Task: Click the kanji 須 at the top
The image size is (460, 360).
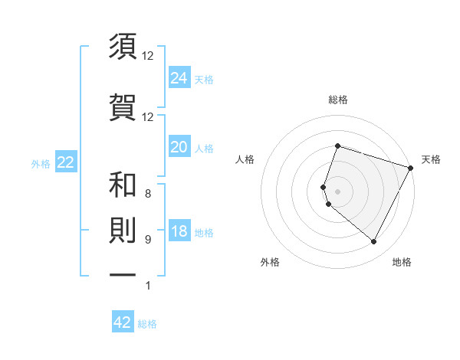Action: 123,47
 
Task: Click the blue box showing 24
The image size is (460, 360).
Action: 179,78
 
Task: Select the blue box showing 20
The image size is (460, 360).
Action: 179,148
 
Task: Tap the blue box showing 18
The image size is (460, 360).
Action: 179,232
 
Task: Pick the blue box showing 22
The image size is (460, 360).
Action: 65,163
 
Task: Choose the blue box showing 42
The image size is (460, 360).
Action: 123,322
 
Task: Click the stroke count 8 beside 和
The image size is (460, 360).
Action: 148,194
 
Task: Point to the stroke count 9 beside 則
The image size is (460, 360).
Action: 148,240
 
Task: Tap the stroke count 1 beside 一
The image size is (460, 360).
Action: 148,286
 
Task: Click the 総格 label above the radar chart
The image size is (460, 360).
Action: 337,100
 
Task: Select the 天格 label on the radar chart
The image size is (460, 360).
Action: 431,159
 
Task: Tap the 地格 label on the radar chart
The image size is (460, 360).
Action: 402,263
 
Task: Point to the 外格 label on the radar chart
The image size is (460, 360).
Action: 270,263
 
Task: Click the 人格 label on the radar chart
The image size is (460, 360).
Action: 245,159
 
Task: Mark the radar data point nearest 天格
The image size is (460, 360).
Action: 411,167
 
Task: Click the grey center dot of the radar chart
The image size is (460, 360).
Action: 337,191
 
